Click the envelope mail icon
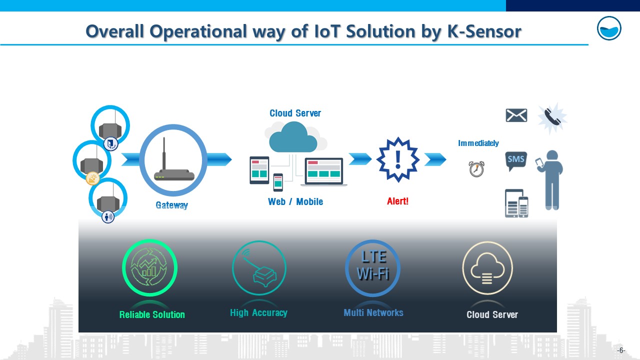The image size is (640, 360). [x=516, y=115]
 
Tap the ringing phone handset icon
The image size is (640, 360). [x=552, y=117]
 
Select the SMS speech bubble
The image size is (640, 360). [x=516, y=161]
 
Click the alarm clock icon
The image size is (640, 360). [x=476, y=169]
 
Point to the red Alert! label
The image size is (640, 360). [x=397, y=201]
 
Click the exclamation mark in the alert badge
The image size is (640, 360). [x=398, y=159]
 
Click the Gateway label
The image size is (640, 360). [x=171, y=205]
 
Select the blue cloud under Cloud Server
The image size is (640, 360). [x=293, y=137]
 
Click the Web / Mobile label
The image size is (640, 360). [x=295, y=201]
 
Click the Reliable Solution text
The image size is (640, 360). [x=152, y=315]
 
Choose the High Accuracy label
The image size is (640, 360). [x=258, y=313]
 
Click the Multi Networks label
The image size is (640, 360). [x=373, y=313]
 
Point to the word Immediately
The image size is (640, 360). [x=478, y=143]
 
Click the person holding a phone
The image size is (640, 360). [x=549, y=180]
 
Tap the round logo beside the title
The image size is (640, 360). [x=609, y=28]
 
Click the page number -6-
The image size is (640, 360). [x=621, y=350]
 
